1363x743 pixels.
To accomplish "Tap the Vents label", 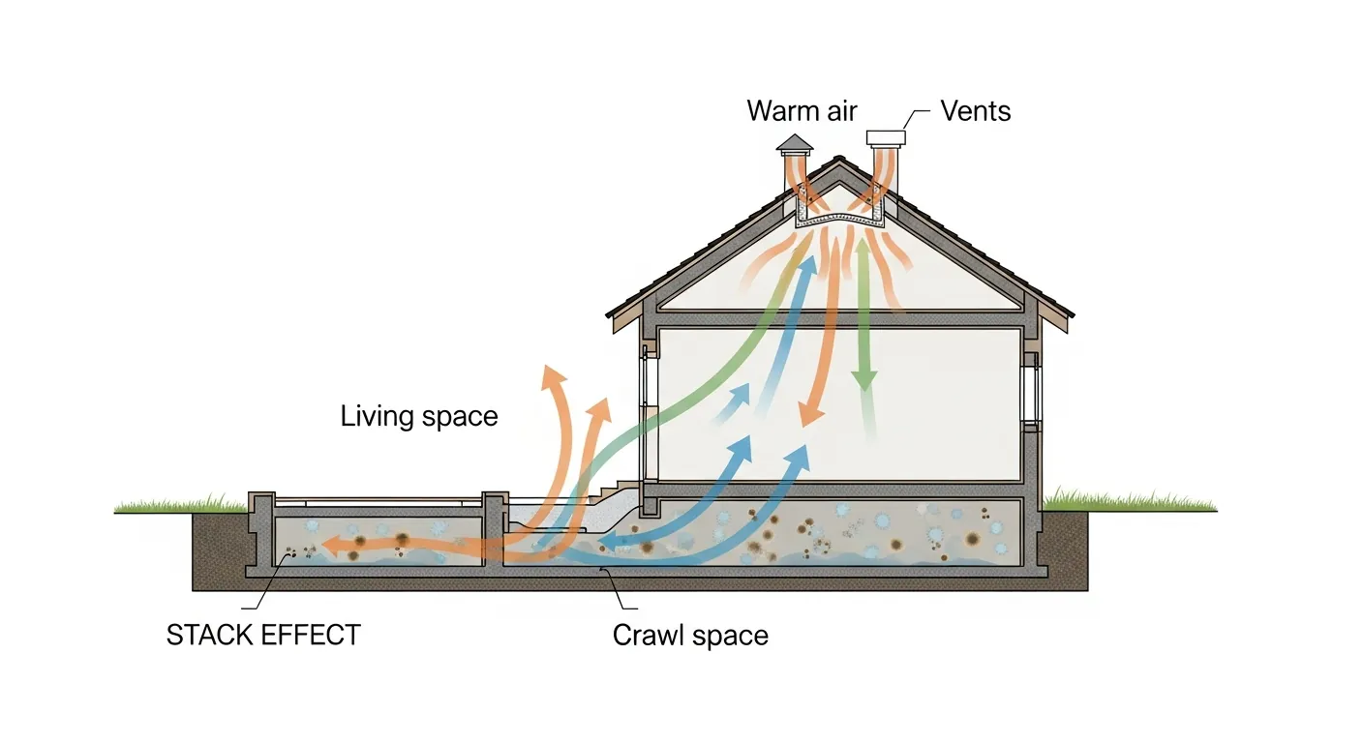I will point(976,110).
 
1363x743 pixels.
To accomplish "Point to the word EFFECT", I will point(315,636).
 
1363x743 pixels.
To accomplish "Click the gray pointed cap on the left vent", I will point(796,142).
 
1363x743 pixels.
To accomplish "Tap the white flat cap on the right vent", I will point(885,137).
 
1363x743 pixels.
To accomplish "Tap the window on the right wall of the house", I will point(1031,392).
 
